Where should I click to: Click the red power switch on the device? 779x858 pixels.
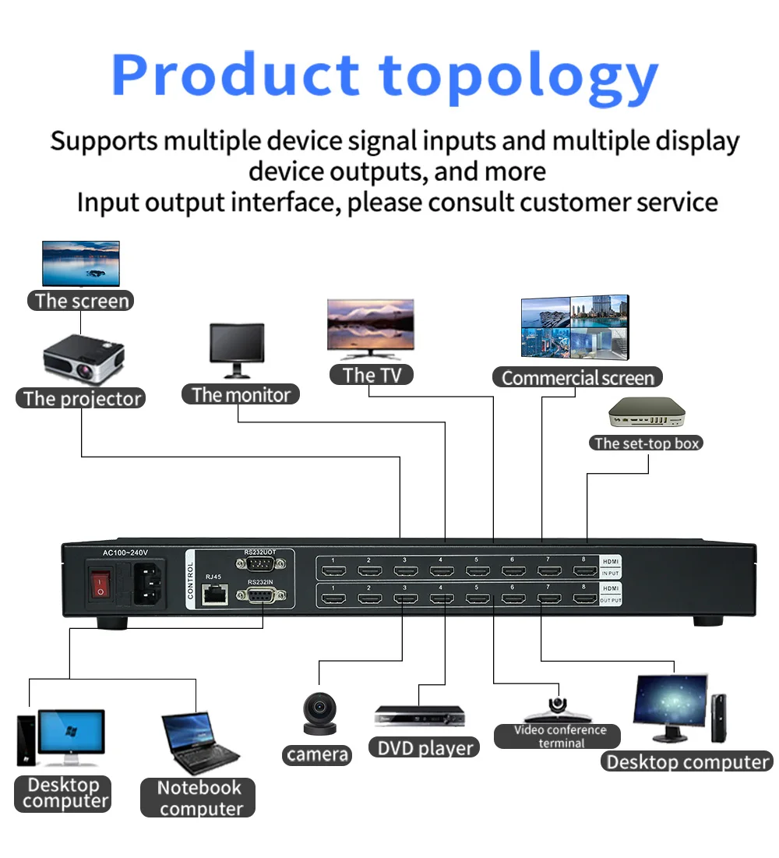tap(100, 584)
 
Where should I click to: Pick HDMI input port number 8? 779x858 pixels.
tap(584, 571)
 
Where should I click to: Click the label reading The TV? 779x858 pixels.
tap(372, 375)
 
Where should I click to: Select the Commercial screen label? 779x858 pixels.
tap(577, 378)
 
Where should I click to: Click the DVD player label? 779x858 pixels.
tap(425, 748)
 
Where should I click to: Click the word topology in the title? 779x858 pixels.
tap(519, 76)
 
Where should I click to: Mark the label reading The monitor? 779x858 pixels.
tap(241, 395)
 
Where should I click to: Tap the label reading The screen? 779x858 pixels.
tap(81, 301)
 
